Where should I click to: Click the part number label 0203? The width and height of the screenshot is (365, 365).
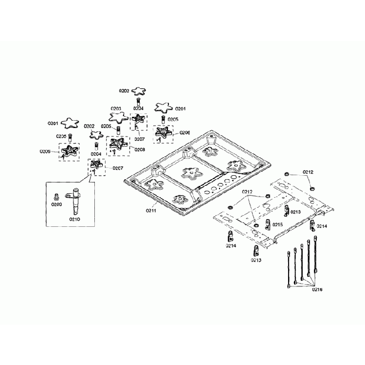[116, 108]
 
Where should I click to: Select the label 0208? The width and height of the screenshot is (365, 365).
[140, 149]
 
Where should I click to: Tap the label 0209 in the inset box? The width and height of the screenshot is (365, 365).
[56, 205]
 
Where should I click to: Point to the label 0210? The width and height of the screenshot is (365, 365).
[75, 220]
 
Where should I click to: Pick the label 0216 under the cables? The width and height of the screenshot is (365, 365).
[317, 289]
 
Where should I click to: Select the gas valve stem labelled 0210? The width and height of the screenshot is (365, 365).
[74, 199]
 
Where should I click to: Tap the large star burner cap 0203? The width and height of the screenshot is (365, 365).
[118, 117]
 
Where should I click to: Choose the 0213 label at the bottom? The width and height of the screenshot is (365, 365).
[255, 261]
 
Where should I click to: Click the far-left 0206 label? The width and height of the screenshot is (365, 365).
[45, 151]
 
